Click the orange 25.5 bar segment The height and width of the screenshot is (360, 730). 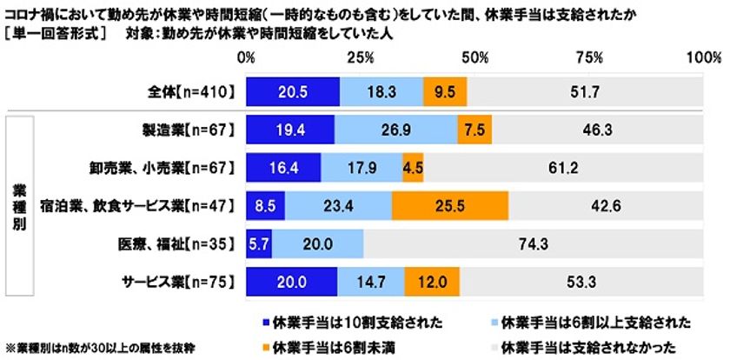(450, 205)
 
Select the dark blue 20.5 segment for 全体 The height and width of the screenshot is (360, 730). (293, 90)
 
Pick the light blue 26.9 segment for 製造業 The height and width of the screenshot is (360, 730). (396, 129)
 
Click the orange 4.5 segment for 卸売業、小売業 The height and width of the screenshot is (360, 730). (413, 167)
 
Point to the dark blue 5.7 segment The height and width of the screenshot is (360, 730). (259, 243)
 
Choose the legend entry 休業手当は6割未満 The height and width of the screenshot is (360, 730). (321, 346)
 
